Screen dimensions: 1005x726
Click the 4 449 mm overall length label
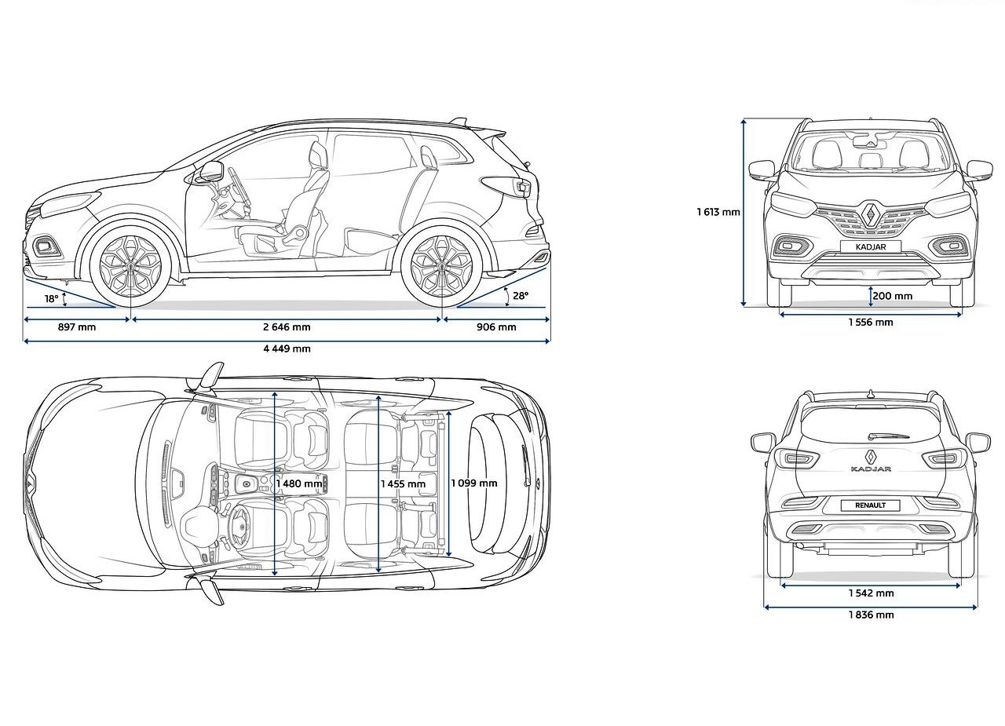pyautogui.click(x=287, y=348)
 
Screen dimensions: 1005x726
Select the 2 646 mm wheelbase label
pyautogui.click(x=287, y=327)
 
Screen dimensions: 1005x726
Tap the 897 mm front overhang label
pyautogui.click(x=77, y=327)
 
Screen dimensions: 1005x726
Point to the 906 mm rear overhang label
pyautogui.click(x=496, y=327)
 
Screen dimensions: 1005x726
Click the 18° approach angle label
pyautogui.click(x=52, y=299)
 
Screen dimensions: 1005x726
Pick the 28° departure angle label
pyautogui.click(x=521, y=296)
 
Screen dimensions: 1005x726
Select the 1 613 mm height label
pyautogui.click(x=718, y=212)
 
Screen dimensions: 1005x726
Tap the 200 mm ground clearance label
pyautogui.click(x=893, y=296)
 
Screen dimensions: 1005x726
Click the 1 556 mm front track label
pyautogui.click(x=871, y=322)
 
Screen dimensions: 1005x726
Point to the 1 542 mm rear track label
pyautogui.click(x=871, y=593)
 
